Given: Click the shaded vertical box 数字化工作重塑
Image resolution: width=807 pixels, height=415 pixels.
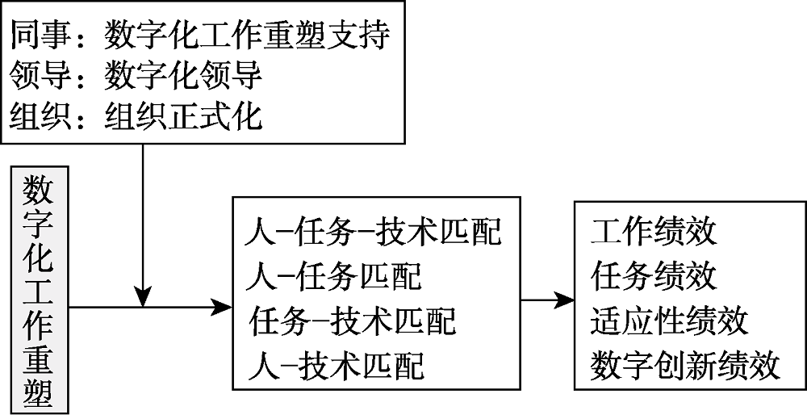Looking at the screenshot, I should [40, 291].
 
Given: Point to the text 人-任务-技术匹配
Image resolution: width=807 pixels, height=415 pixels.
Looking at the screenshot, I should [373, 233].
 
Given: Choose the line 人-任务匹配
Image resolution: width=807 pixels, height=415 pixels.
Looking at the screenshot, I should [332, 277].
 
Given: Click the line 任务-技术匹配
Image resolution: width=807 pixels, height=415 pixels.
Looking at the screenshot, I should [353, 321].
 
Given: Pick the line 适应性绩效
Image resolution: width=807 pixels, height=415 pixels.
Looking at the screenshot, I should [669, 321].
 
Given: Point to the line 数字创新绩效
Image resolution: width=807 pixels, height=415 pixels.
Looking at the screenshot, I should [685, 366].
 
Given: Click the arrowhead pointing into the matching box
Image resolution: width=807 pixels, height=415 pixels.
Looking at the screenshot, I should [222, 307].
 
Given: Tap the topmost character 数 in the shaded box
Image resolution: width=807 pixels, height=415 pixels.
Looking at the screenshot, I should [40, 191].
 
